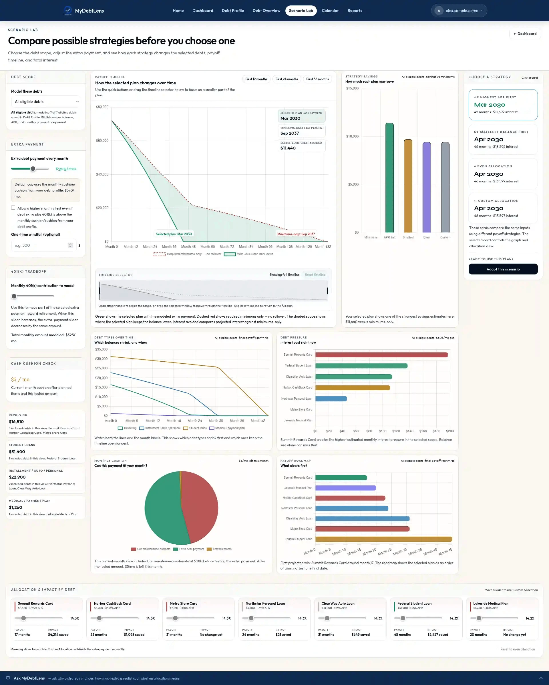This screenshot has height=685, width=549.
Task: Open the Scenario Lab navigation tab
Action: point(301,11)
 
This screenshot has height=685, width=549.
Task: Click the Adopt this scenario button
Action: point(503,269)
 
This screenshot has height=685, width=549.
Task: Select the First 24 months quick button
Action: point(287,79)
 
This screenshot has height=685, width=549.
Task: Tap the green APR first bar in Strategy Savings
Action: point(389,178)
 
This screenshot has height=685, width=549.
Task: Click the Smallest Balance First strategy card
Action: point(503,139)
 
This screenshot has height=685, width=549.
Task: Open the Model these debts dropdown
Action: point(46,102)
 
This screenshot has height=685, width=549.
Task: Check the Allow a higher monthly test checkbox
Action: point(13,208)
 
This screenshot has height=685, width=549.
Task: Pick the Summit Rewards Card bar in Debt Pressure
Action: point(381,355)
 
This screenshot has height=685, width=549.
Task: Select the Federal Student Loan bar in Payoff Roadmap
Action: point(383,539)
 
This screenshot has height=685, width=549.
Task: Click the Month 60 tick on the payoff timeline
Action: point(208,247)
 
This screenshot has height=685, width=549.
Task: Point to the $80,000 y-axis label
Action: point(102,107)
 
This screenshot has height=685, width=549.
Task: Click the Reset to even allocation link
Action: point(518,649)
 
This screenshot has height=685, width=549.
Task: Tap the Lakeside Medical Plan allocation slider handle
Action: point(479,618)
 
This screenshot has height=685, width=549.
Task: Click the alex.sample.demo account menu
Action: point(459,11)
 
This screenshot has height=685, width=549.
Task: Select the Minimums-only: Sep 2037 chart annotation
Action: point(296,234)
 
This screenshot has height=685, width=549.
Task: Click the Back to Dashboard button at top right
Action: point(525,34)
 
